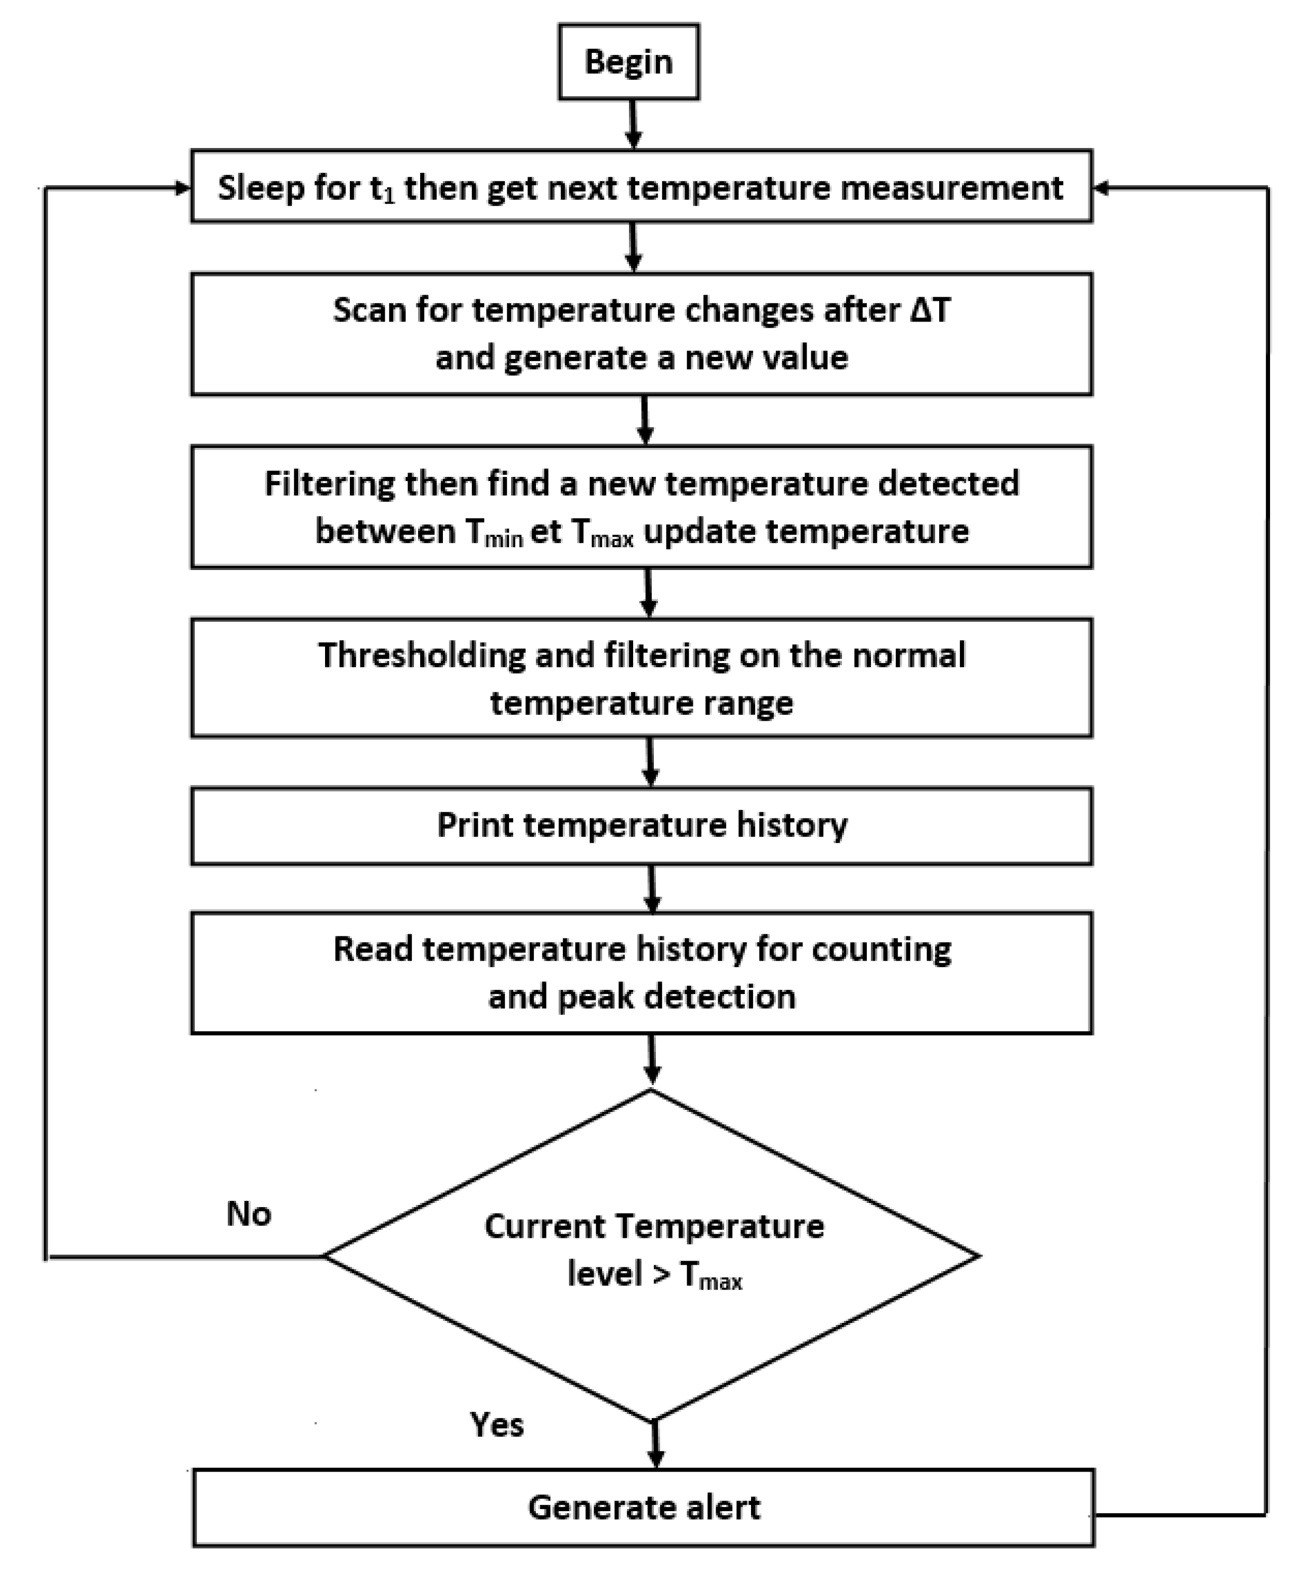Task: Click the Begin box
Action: click(628, 61)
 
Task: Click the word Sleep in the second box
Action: click(261, 187)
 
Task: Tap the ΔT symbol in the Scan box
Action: click(930, 310)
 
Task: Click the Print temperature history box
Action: click(642, 826)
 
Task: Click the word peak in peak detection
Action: click(594, 996)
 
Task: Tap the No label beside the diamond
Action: click(248, 1214)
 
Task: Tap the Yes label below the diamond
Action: click(496, 1424)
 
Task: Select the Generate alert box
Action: click(644, 1507)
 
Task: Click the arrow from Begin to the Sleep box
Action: click(633, 124)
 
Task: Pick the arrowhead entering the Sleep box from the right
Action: click(1101, 188)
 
